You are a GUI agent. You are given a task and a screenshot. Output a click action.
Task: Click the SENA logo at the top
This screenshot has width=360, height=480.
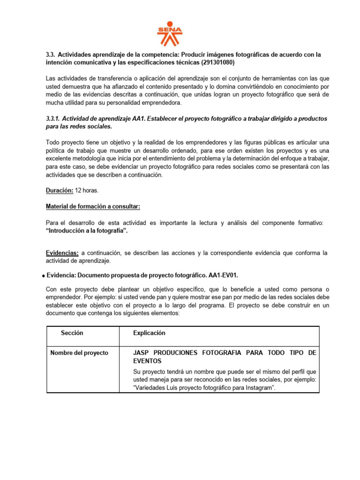point(169,33)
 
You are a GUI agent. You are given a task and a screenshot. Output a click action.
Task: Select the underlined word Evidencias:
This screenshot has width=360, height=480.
point(62,253)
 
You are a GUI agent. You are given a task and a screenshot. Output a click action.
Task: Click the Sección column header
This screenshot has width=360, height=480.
point(72,333)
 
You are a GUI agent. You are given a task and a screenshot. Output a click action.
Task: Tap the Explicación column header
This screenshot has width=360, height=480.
point(149,333)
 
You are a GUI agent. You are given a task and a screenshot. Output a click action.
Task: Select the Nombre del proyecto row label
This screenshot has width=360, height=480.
point(79,352)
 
